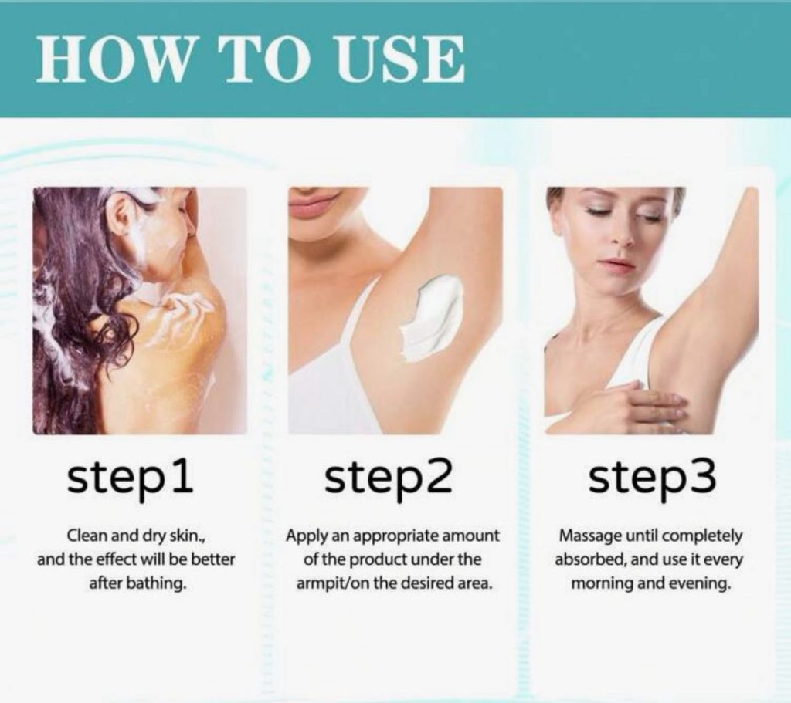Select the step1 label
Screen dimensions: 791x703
131,478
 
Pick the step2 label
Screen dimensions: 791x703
388,478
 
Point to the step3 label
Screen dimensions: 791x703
652,478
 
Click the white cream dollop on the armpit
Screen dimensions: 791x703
432,316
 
